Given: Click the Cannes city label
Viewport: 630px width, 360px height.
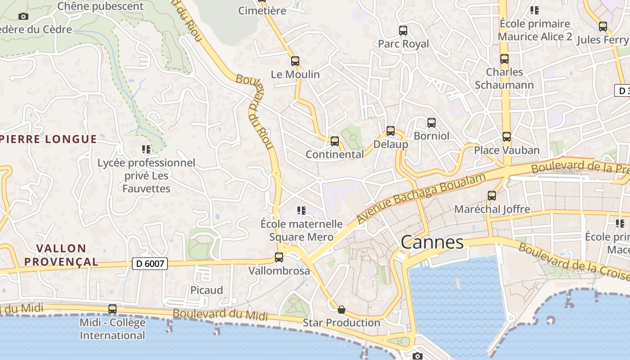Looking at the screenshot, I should coord(432,243).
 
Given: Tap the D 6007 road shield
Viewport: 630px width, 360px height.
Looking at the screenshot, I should coord(149,264).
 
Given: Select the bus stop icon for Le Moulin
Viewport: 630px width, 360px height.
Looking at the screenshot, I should coord(295,61).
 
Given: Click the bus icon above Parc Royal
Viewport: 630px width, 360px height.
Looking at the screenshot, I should coord(403,31).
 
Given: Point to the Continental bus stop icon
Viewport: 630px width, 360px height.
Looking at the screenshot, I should coord(335,141).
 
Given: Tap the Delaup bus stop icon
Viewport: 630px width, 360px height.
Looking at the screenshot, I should coord(391,131).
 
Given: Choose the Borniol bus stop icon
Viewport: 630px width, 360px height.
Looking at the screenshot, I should coord(432,122).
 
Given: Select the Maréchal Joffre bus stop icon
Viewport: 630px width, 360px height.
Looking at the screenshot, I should coord(492,196).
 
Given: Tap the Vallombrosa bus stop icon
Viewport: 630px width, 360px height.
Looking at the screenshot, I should coord(279,257).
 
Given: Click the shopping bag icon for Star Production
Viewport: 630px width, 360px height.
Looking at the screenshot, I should coord(342,310).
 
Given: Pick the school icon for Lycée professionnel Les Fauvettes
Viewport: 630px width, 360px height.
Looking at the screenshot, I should coord(146,149).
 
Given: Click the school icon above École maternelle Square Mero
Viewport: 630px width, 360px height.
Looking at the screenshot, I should coord(301,210).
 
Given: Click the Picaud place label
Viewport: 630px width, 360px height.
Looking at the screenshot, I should coord(207,290).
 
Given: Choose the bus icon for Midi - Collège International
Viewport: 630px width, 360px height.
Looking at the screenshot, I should coord(112,309).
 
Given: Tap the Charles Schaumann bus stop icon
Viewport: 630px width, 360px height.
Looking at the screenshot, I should coord(504,59).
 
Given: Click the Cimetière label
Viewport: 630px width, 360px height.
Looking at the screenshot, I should coord(262,11).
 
